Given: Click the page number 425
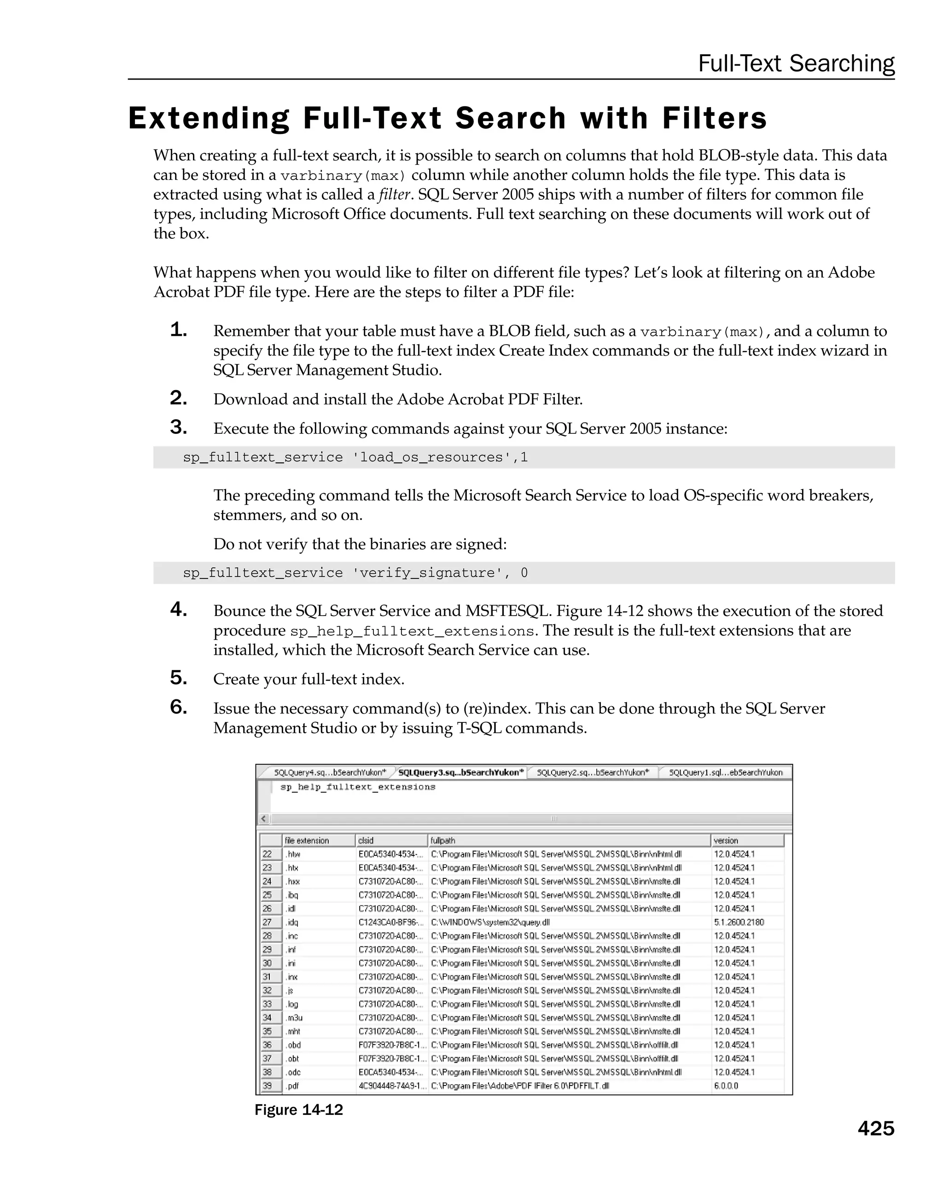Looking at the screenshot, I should click(x=875, y=1128).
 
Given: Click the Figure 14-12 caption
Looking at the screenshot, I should click(x=298, y=1110).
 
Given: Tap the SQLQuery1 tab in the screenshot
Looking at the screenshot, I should click(x=725, y=773).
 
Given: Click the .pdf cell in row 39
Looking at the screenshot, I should click(x=292, y=1085).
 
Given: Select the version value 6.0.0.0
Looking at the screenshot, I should click(x=726, y=1085).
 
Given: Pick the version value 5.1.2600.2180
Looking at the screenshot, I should click(x=739, y=922).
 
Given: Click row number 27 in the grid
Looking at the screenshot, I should click(x=267, y=922).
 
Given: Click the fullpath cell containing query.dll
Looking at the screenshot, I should click(x=490, y=922).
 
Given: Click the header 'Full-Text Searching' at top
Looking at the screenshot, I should click(x=796, y=63).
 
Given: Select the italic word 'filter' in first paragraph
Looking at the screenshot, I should click(x=395, y=195).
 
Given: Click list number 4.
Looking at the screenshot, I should click(x=178, y=609).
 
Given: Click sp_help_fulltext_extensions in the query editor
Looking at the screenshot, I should click(x=358, y=787).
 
